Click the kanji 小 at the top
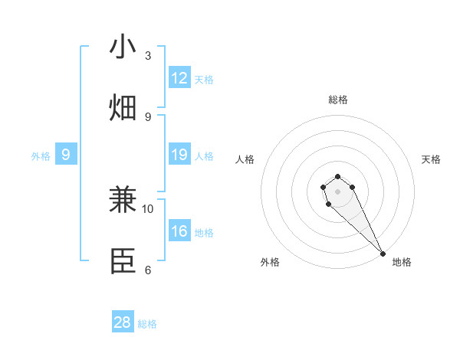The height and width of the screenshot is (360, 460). [123, 47]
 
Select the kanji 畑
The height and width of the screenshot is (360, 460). [123, 107]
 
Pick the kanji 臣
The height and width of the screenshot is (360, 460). [123, 260]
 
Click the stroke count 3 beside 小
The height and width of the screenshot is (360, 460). [148, 56]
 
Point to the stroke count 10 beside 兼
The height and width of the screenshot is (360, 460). [148, 208]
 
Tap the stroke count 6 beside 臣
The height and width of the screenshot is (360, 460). [148, 270]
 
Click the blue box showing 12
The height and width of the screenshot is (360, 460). [179, 79]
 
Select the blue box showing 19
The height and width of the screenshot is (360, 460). [179, 155]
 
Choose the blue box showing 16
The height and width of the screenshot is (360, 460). [179, 232]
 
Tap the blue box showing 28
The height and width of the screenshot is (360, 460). [123, 322]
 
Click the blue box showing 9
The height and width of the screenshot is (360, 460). [66, 155]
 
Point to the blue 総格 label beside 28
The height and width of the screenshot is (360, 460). [147, 324]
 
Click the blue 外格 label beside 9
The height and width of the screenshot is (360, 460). [41, 156]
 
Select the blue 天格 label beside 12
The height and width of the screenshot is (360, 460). [204, 80]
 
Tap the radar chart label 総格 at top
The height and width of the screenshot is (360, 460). [337, 100]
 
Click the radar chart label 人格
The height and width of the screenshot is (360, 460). [245, 159]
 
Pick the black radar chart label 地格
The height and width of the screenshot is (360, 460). [402, 262]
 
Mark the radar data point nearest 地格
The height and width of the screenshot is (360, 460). [383, 254]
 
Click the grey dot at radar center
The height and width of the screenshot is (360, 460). [337, 191]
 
